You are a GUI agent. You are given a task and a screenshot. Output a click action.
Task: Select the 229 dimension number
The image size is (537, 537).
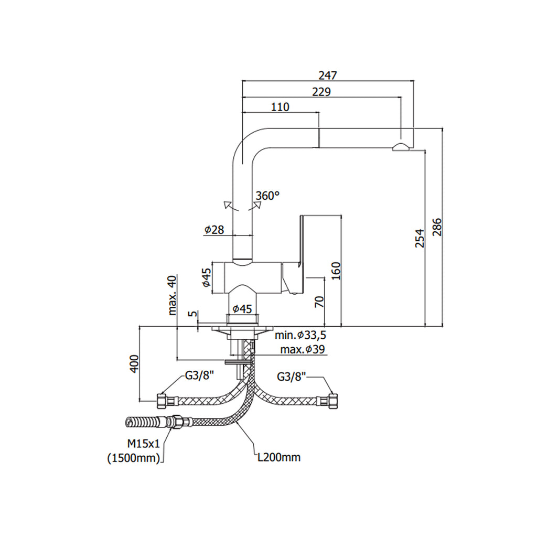pyautogui.click(x=321, y=92)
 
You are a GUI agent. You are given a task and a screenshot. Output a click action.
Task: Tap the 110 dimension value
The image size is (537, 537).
pyautogui.click(x=280, y=108)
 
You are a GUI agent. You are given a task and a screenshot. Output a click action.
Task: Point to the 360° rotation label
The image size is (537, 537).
pyautogui.click(x=267, y=196)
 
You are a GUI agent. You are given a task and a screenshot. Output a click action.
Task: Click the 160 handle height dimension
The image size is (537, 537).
pyautogui.click(x=336, y=270)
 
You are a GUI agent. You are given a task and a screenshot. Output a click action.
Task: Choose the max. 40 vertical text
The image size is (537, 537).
pyautogui.click(x=173, y=296)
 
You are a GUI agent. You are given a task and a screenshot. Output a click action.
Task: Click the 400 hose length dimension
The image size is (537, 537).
pyautogui.click(x=134, y=363)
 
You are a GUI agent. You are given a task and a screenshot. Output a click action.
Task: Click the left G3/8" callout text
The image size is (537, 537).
pyautogui.click(x=199, y=375)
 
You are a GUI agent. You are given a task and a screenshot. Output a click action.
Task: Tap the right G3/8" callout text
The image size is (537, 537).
pyautogui.click(x=291, y=377)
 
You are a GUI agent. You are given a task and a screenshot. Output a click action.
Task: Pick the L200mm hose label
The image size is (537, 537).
pyautogui.click(x=279, y=458)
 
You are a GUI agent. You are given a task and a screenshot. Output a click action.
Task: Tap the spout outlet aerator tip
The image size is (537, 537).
pyautogui.click(x=401, y=147)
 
